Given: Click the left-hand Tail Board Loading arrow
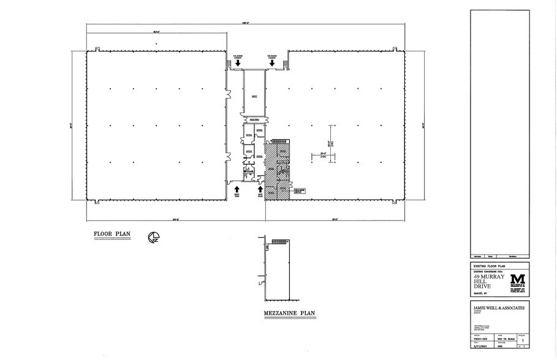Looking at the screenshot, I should (230, 62).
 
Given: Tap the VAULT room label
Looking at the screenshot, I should (254, 96).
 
